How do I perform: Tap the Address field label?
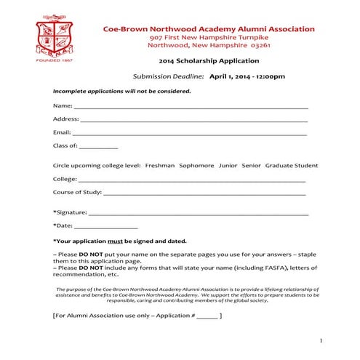coord(65,119)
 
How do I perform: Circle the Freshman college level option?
coord(159,165)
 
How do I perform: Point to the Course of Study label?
coord(77,193)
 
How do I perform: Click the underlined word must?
coord(116,241)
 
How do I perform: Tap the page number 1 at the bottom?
coord(320,340)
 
